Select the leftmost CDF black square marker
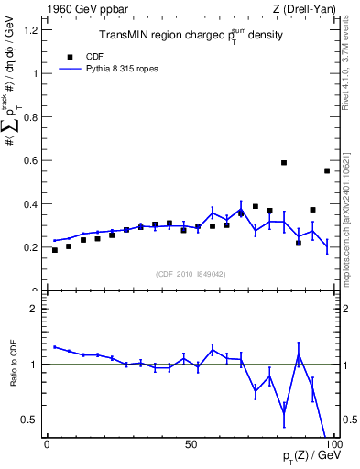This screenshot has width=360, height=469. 55,250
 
